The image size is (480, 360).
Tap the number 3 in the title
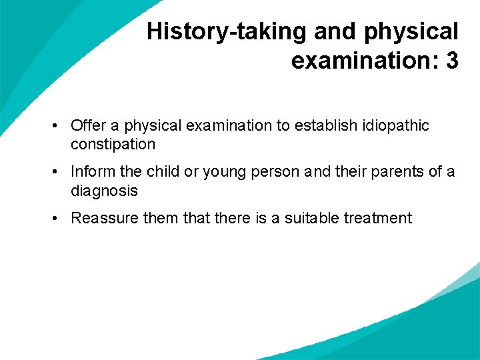452,61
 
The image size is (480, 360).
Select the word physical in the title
412,31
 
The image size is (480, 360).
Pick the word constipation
113,144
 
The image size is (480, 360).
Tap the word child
163,171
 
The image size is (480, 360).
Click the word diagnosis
104,191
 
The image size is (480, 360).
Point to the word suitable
313,218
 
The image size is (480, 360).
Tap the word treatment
378,218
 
